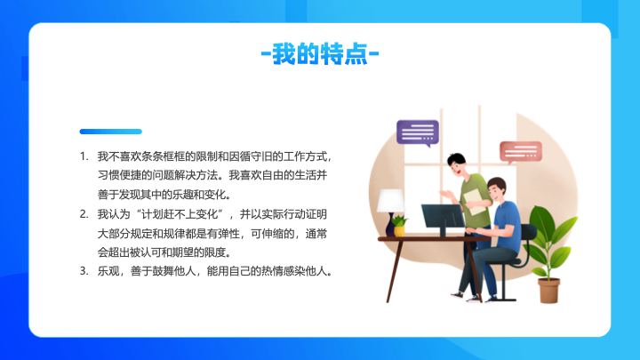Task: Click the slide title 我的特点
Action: pyautogui.click(x=320, y=53)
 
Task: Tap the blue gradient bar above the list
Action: pyautogui.click(x=110, y=132)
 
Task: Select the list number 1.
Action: pyautogui.click(x=84, y=156)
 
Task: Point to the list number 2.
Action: pyautogui.click(x=84, y=214)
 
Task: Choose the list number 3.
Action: pyautogui.click(x=84, y=271)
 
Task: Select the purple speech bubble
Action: pyautogui.click(x=418, y=132)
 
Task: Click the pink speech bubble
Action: pyautogui.click(x=521, y=152)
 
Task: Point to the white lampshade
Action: pyautogui.click(x=391, y=200)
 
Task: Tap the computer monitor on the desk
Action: pyautogui.click(x=444, y=216)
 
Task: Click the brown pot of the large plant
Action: pyautogui.click(x=548, y=291)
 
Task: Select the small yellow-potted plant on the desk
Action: pyautogui.click(x=399, y=226)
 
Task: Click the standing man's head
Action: pyautogui.click(x=457, y=164)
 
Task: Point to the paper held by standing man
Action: pyautogui.click(x=476, y=201)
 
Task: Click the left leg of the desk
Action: pyautogui.click(x=395, y=271)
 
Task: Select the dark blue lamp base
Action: pyautogui.click(x=390, y=224)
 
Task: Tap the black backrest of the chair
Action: pyautogui.click(x=530, y=233)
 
